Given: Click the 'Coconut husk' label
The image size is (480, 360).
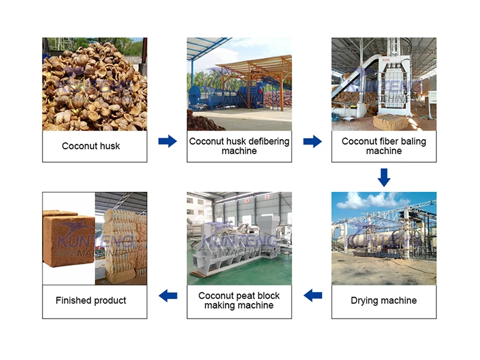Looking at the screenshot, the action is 91,146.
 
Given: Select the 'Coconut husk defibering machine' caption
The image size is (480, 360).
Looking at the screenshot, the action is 239,146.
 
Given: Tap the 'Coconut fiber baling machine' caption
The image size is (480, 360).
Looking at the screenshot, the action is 384,146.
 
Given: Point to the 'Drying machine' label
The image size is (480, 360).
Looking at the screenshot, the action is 383,300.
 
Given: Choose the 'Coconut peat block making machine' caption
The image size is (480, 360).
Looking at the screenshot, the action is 239,300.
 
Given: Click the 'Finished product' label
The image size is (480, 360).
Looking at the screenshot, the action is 91,300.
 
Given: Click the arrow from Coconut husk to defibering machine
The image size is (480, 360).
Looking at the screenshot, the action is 167,141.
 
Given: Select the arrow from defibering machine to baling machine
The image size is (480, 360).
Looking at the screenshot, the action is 312,141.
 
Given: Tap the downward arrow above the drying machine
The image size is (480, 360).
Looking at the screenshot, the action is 384,176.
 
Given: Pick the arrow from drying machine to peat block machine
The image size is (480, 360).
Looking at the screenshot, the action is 313,295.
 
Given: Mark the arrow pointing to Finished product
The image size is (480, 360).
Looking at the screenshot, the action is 167,295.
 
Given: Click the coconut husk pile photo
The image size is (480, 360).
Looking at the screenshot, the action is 94,84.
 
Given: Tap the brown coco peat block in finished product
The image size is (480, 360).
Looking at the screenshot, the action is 68,240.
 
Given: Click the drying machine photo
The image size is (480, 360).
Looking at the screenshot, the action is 384,238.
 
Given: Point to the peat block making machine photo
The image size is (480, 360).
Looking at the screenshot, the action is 239,238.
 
